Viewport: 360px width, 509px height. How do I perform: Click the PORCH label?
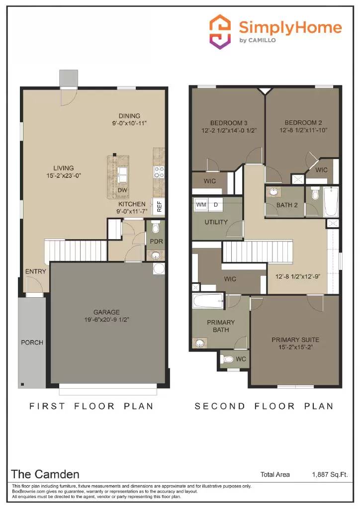[32, 342]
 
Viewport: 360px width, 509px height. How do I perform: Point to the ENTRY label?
[36, 271]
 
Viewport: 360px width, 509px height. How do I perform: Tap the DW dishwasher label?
[122, 190]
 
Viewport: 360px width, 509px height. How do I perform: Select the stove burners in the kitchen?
[159, 172]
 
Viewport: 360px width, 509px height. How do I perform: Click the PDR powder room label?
[156, 242]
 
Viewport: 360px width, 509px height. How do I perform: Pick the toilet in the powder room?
[155, 228]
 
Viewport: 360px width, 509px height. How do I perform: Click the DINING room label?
[129, 116]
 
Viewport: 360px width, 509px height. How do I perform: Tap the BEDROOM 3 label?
[229, 123]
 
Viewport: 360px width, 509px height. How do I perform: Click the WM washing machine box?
[201, 204]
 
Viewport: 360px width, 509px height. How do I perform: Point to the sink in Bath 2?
[273, 192]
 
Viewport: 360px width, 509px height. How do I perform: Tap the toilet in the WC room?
[229, 359]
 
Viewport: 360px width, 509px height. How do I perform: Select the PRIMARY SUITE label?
[295, 339]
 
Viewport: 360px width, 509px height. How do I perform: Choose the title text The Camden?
[45, 474]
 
